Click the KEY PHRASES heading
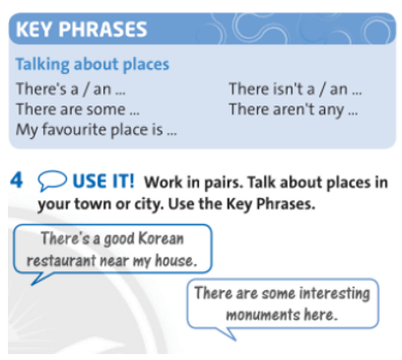point(81,29)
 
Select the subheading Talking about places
point(92,65)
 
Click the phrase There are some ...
point(77,109)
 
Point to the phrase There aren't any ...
point(293,109)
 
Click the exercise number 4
point(16,181)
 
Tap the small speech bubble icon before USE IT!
point(50,181)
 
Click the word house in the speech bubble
point(178,260)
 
